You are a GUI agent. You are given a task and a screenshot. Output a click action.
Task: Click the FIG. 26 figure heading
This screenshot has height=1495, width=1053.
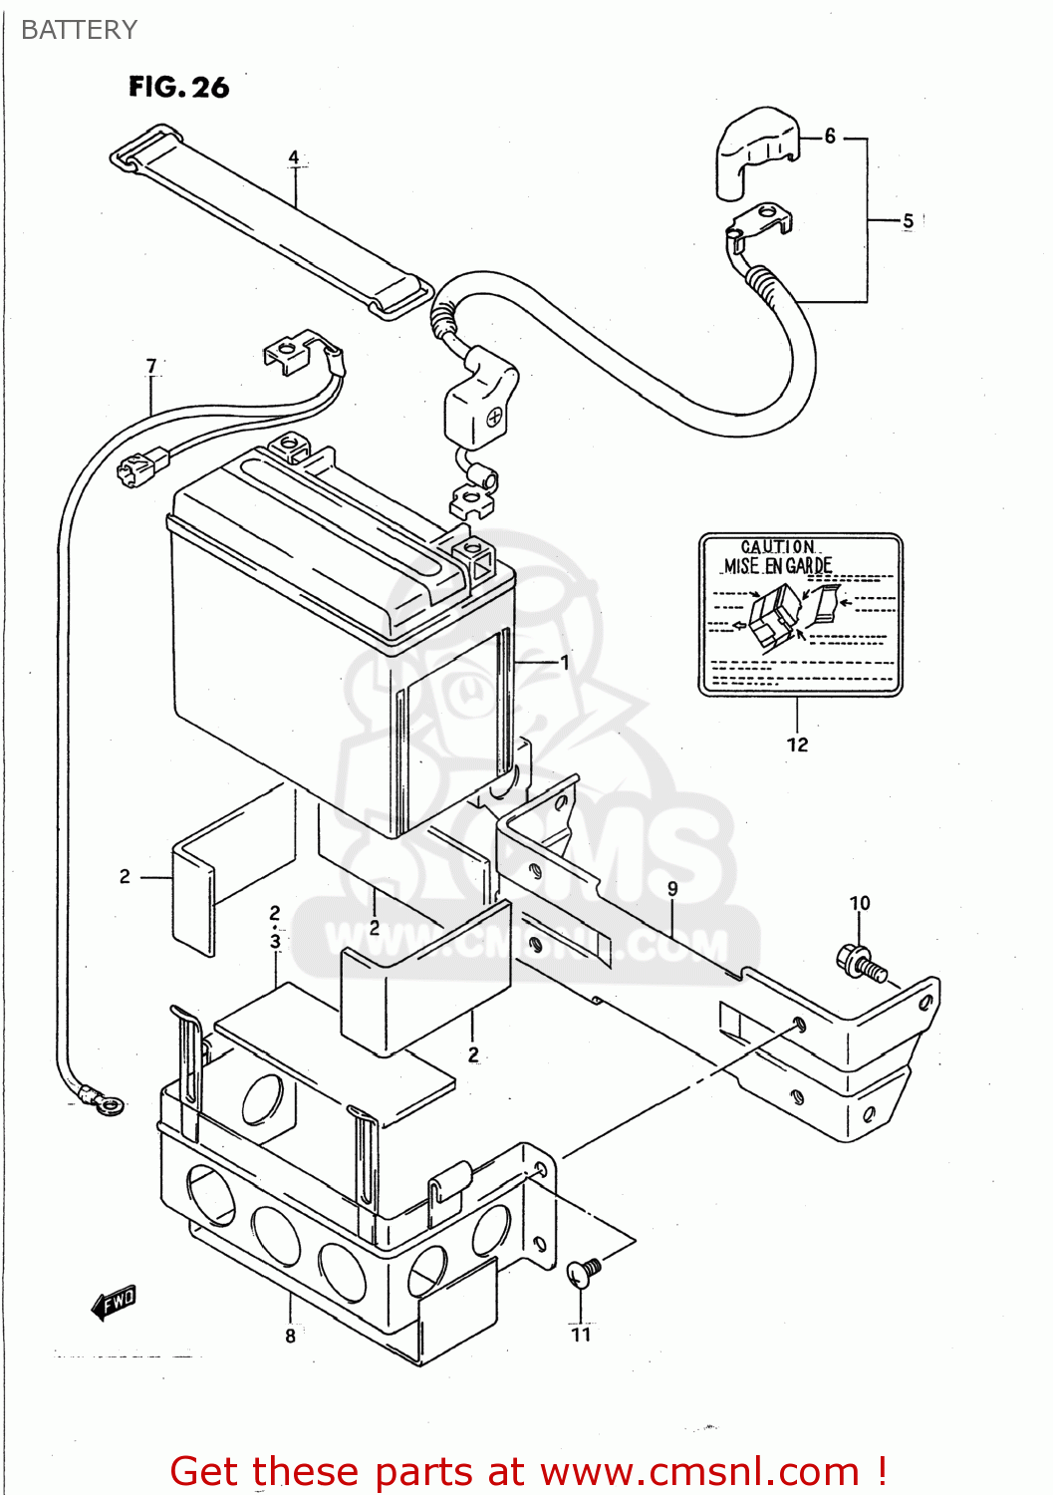point(178,88)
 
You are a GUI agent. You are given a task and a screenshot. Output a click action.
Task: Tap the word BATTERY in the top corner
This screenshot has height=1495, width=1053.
point(79,30)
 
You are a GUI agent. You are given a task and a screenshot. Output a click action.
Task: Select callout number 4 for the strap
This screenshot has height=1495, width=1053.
point(294,157)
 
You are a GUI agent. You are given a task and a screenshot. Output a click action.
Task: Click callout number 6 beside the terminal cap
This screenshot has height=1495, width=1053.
point(830,137)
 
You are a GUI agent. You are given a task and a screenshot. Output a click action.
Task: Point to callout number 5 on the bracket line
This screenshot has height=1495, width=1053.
point(908,221)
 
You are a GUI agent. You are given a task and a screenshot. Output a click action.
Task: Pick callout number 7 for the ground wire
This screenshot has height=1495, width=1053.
point(151,366)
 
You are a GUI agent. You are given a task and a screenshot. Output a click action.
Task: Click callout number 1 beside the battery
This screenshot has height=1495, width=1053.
point(565,662)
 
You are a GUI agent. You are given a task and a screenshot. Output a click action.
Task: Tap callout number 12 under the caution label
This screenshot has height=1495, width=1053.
point(797,745)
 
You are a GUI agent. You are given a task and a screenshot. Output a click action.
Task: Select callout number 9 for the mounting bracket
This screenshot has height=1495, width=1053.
point(672,888)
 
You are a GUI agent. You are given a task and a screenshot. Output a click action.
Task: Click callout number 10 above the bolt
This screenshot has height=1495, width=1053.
point(859,903)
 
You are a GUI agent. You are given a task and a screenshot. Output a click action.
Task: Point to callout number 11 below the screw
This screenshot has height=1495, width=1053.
point(581,1335)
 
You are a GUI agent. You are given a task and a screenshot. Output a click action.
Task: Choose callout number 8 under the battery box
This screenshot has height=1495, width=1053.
point(290,1336)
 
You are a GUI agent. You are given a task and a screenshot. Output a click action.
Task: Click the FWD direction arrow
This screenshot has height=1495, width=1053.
point(114,1302)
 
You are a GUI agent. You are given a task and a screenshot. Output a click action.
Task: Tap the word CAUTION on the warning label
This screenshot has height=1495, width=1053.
point(778,546)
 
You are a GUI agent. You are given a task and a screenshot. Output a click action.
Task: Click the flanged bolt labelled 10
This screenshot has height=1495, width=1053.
point(860,963)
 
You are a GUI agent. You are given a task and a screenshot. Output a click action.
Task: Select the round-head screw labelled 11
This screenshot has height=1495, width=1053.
point(584,1272)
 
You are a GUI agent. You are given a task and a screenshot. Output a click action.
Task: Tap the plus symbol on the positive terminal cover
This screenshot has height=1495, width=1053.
point(493,419)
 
